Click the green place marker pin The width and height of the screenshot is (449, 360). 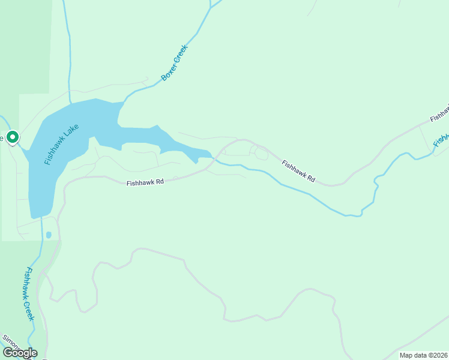[x=12, y=137]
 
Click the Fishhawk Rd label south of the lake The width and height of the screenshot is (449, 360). [x=145, y=182]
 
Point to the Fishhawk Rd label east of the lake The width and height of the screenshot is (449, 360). [x=298, y=172]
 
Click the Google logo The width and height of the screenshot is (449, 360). [x=20, y=353]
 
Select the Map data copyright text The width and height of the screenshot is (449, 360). [x=424, y=355]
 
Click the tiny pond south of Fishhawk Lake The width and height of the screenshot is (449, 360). [x=49, y=235]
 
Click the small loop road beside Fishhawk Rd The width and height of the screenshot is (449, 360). [x=261, y=154]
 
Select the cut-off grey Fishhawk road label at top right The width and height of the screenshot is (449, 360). [x=440, y=111]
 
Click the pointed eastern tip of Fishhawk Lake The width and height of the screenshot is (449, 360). [x=211, y=157]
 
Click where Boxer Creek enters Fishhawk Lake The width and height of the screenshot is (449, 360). [x=123, y=103]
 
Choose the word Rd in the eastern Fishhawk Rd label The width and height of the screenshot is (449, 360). [x=310, y=179]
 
